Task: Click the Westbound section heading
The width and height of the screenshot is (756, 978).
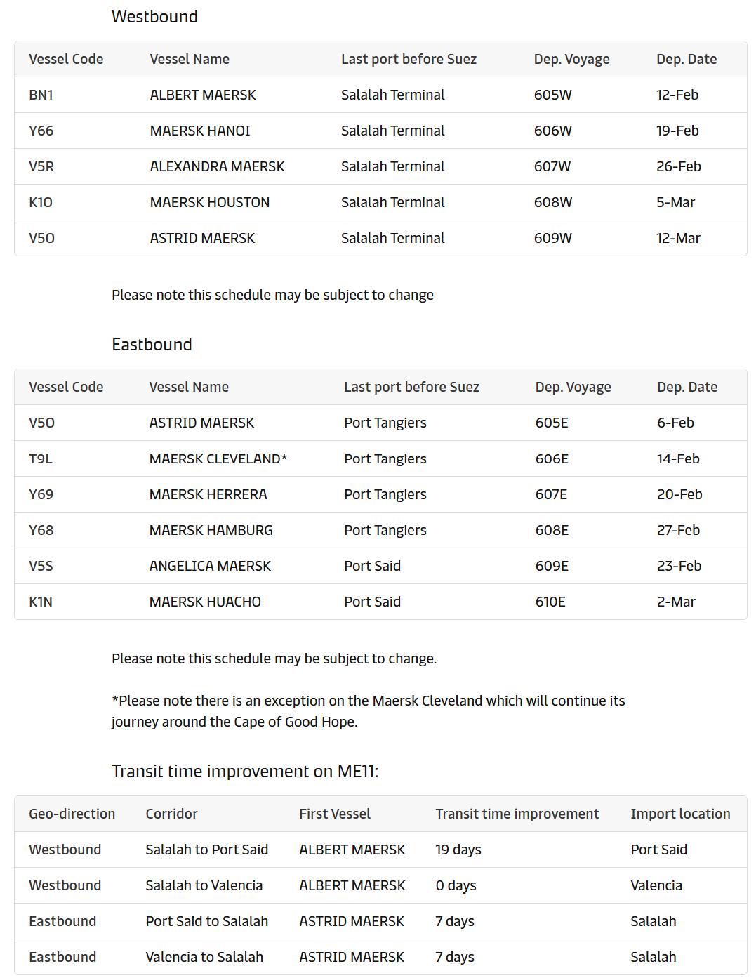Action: point(154,17)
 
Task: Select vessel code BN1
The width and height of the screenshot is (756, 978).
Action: point(41,95)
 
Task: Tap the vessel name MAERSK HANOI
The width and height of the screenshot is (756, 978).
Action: point(200,131)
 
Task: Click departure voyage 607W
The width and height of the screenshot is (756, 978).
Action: point(552,166)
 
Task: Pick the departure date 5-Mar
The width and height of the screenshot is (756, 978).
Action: point(675,202)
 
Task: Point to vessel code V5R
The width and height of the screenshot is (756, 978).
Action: point(41,166)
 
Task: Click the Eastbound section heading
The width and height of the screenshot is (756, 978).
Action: point(152,345)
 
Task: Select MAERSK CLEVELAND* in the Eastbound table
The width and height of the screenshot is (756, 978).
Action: point(218,458)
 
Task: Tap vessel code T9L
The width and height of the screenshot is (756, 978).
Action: point(41,458)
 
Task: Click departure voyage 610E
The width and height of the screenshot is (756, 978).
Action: point(550,602)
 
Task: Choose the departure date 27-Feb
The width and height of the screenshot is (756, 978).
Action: point(678,530)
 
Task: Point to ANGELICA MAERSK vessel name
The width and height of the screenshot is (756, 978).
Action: point(210,566)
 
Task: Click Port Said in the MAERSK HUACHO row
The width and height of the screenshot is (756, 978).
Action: point(372,602)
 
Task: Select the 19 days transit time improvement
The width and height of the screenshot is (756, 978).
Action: point(458,850)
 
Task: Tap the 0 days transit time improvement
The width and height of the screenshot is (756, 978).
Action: point(456,885)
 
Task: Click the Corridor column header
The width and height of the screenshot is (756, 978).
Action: point(171,814)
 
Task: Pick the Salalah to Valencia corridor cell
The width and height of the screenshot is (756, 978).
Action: point(204,885)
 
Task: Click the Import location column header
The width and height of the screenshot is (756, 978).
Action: point(679,814)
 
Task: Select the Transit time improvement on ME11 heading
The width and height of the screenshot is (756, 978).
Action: point(245,772)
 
